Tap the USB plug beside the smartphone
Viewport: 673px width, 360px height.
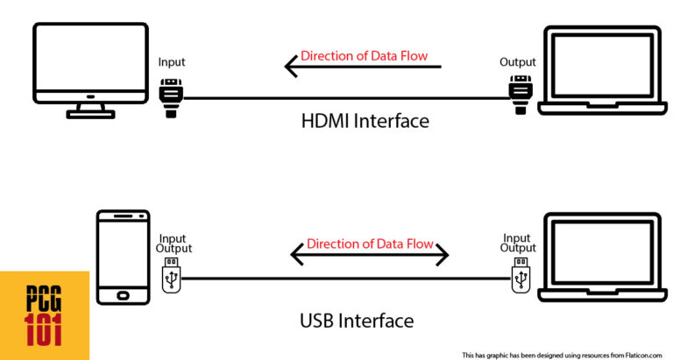click(171, 279)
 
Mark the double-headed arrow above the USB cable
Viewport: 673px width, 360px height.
click(369, 255)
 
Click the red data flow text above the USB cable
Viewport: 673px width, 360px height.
click(370, 244)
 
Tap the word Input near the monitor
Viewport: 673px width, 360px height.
click(172, 62)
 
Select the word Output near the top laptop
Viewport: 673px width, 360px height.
click(518, 62)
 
